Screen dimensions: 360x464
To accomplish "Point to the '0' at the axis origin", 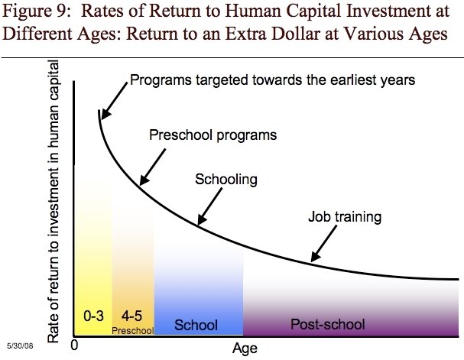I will [x=75, y=346].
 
